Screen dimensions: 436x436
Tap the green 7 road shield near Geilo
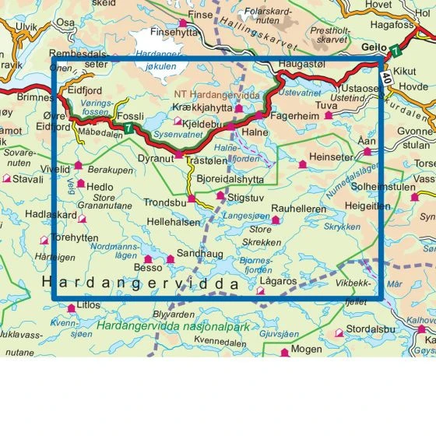coord(397,52)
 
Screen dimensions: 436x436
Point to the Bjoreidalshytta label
coord(230,178)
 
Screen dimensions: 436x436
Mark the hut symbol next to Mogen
coord(284,352)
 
